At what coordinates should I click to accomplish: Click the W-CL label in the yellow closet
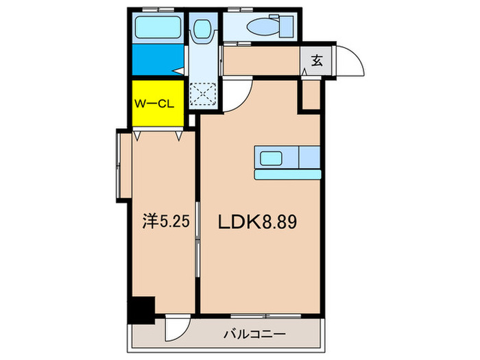[x=157, y=104]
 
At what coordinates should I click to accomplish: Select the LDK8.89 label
[x=257, y=222]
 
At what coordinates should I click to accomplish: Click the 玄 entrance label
[x=317, y=60]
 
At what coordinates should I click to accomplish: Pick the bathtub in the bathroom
[x=157, y=28]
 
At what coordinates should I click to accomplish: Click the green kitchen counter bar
[x=288, y=174]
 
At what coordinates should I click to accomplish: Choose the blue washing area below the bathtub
[x=157, y=59]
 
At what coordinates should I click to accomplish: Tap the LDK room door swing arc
[x=240, y=95]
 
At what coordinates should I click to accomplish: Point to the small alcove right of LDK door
[x=310, y=96]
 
